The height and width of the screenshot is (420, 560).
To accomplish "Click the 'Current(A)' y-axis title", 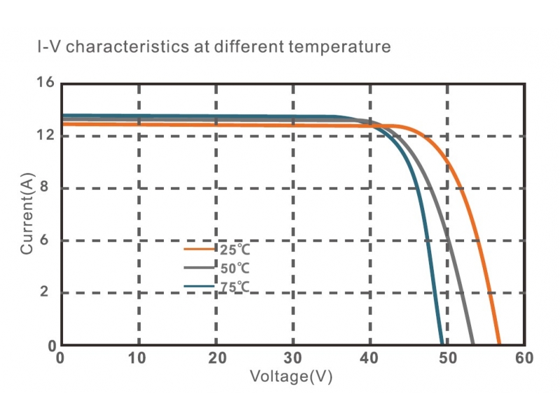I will pos(27,214).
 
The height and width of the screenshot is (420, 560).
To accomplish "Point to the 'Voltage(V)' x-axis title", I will pos(290,377).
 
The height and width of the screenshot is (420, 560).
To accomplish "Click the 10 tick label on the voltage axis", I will pos(138,358).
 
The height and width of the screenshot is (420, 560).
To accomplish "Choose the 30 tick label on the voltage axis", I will pos(293,358).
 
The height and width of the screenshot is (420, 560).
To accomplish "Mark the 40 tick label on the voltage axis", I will pos(370,358).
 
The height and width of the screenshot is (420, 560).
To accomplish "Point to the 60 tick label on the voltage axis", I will pos(524,358).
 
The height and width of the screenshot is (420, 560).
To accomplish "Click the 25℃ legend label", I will pos(234,249).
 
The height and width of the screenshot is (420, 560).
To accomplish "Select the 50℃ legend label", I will pos(235,268).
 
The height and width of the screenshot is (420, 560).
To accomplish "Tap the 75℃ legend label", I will pos(235,287).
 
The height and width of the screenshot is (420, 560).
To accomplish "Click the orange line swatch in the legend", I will pos(199,248).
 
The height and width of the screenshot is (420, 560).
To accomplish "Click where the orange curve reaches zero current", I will pos(499,344).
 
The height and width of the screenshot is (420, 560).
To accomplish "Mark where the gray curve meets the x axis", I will pos(473,344).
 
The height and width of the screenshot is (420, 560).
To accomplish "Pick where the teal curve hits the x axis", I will pos(442,344).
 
